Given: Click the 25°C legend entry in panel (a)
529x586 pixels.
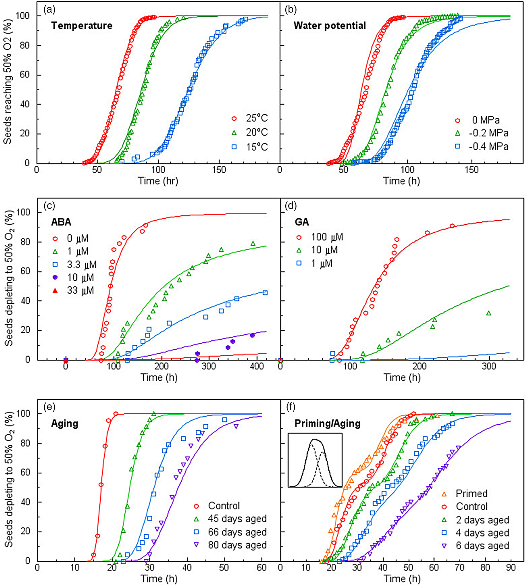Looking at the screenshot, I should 250,118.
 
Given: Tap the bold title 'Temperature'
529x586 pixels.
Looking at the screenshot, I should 82,26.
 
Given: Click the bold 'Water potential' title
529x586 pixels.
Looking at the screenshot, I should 329,26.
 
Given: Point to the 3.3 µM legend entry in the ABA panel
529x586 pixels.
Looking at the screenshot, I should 76,264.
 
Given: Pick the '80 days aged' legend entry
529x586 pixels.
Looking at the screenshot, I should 230,545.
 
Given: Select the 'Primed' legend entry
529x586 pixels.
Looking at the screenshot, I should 465,493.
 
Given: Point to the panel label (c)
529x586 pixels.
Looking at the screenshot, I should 49,206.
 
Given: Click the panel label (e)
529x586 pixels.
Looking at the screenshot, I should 49,407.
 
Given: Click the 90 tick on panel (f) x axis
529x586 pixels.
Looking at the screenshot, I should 511,567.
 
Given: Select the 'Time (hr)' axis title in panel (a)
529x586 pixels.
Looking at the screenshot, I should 158,181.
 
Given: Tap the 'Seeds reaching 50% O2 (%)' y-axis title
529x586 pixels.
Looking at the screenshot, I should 8,82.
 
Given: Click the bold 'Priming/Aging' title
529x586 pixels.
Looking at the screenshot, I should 327,424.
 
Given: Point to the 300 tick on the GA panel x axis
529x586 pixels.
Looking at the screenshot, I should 489,366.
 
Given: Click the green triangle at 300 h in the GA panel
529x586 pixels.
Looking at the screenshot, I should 489,313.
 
